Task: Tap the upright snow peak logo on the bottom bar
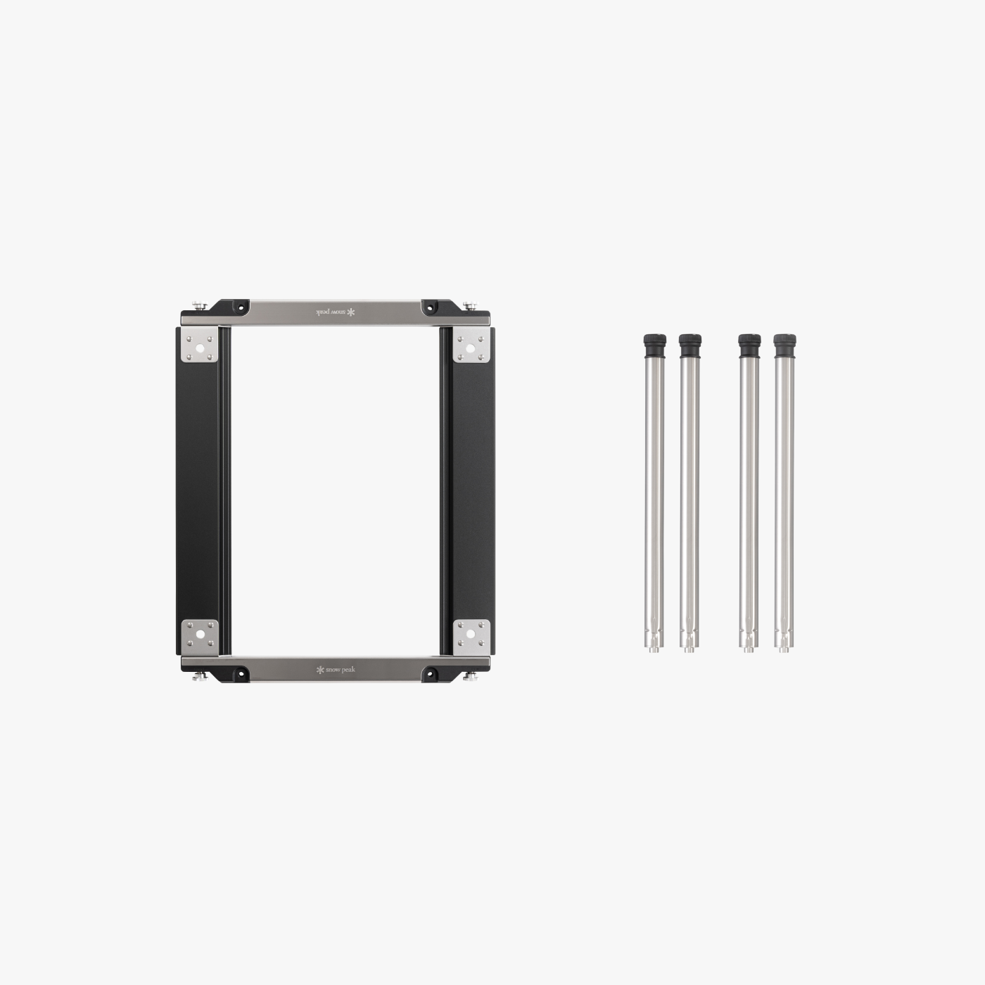[x=336, y=669]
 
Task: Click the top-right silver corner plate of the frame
[x=471, y=345]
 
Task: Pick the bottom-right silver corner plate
[x=471, y=637]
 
